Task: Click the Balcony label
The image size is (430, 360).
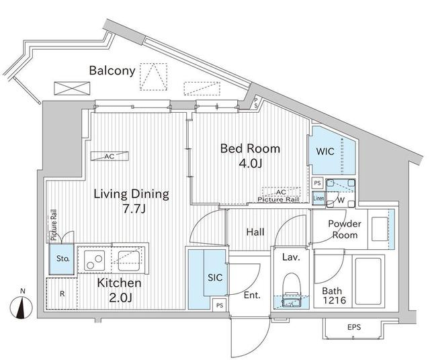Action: (112, 71)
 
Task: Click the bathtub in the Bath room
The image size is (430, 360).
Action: (368, 281)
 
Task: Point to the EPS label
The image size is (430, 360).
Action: (354, 327)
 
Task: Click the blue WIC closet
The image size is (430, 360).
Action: (332, 150)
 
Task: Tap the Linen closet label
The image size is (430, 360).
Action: (318, 198)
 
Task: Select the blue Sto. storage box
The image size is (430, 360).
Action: (61, 259)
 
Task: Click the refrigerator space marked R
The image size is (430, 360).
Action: (62, 294)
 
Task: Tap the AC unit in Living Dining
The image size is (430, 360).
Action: (110, 156)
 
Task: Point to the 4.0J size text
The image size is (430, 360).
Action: (251, 163)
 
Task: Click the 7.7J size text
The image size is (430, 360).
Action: (133, 209)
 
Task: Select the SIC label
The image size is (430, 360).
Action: (215, 278)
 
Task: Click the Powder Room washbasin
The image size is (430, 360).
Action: (380, 229)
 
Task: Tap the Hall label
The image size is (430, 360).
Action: (255, 232)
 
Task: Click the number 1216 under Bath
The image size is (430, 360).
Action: (334, 300)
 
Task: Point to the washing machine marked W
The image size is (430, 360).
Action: (341, 193)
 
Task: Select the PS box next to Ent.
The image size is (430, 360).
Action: (220, 305)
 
